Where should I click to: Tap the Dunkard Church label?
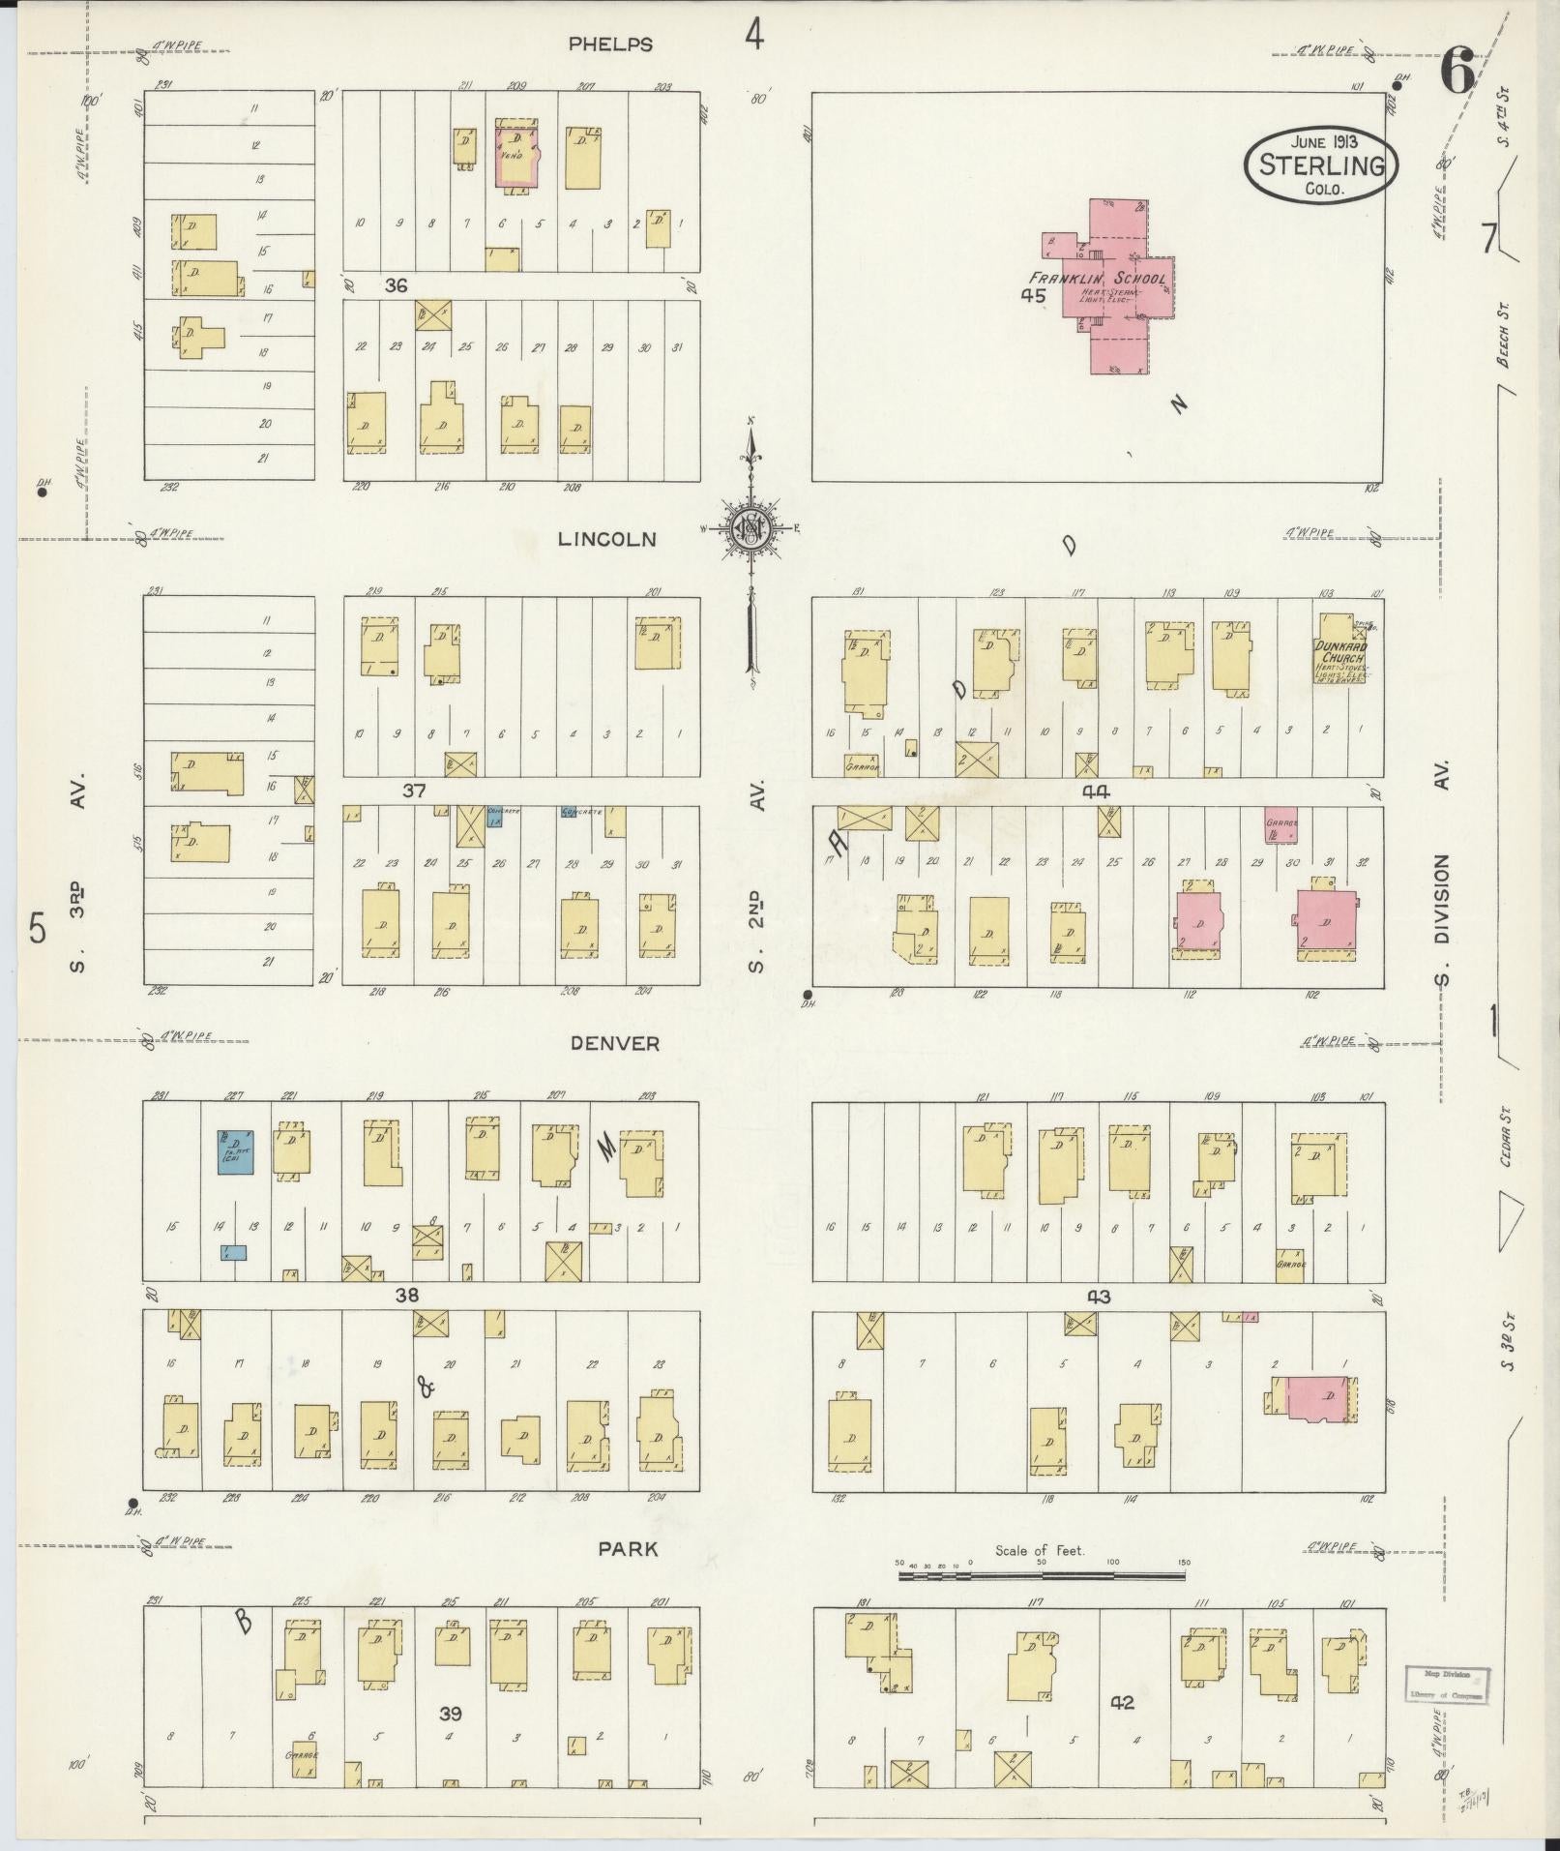pos(1339,653)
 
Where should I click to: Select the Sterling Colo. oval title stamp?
pos(1321,164)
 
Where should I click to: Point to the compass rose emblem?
pos(751,528)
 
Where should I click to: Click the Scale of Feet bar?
pos(1042,1575)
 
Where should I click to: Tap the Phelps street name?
pos(610,45)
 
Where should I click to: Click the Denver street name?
pos(614,1043)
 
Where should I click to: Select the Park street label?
pos(628,1549)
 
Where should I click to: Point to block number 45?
pos(1033,296)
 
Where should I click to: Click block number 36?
pos(396,285)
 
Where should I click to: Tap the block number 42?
pos(1122,1702)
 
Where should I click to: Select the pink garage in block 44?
pos(1280,826)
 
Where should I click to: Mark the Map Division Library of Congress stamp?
pos(1446,1685)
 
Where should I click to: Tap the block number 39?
pos(450,1714)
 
